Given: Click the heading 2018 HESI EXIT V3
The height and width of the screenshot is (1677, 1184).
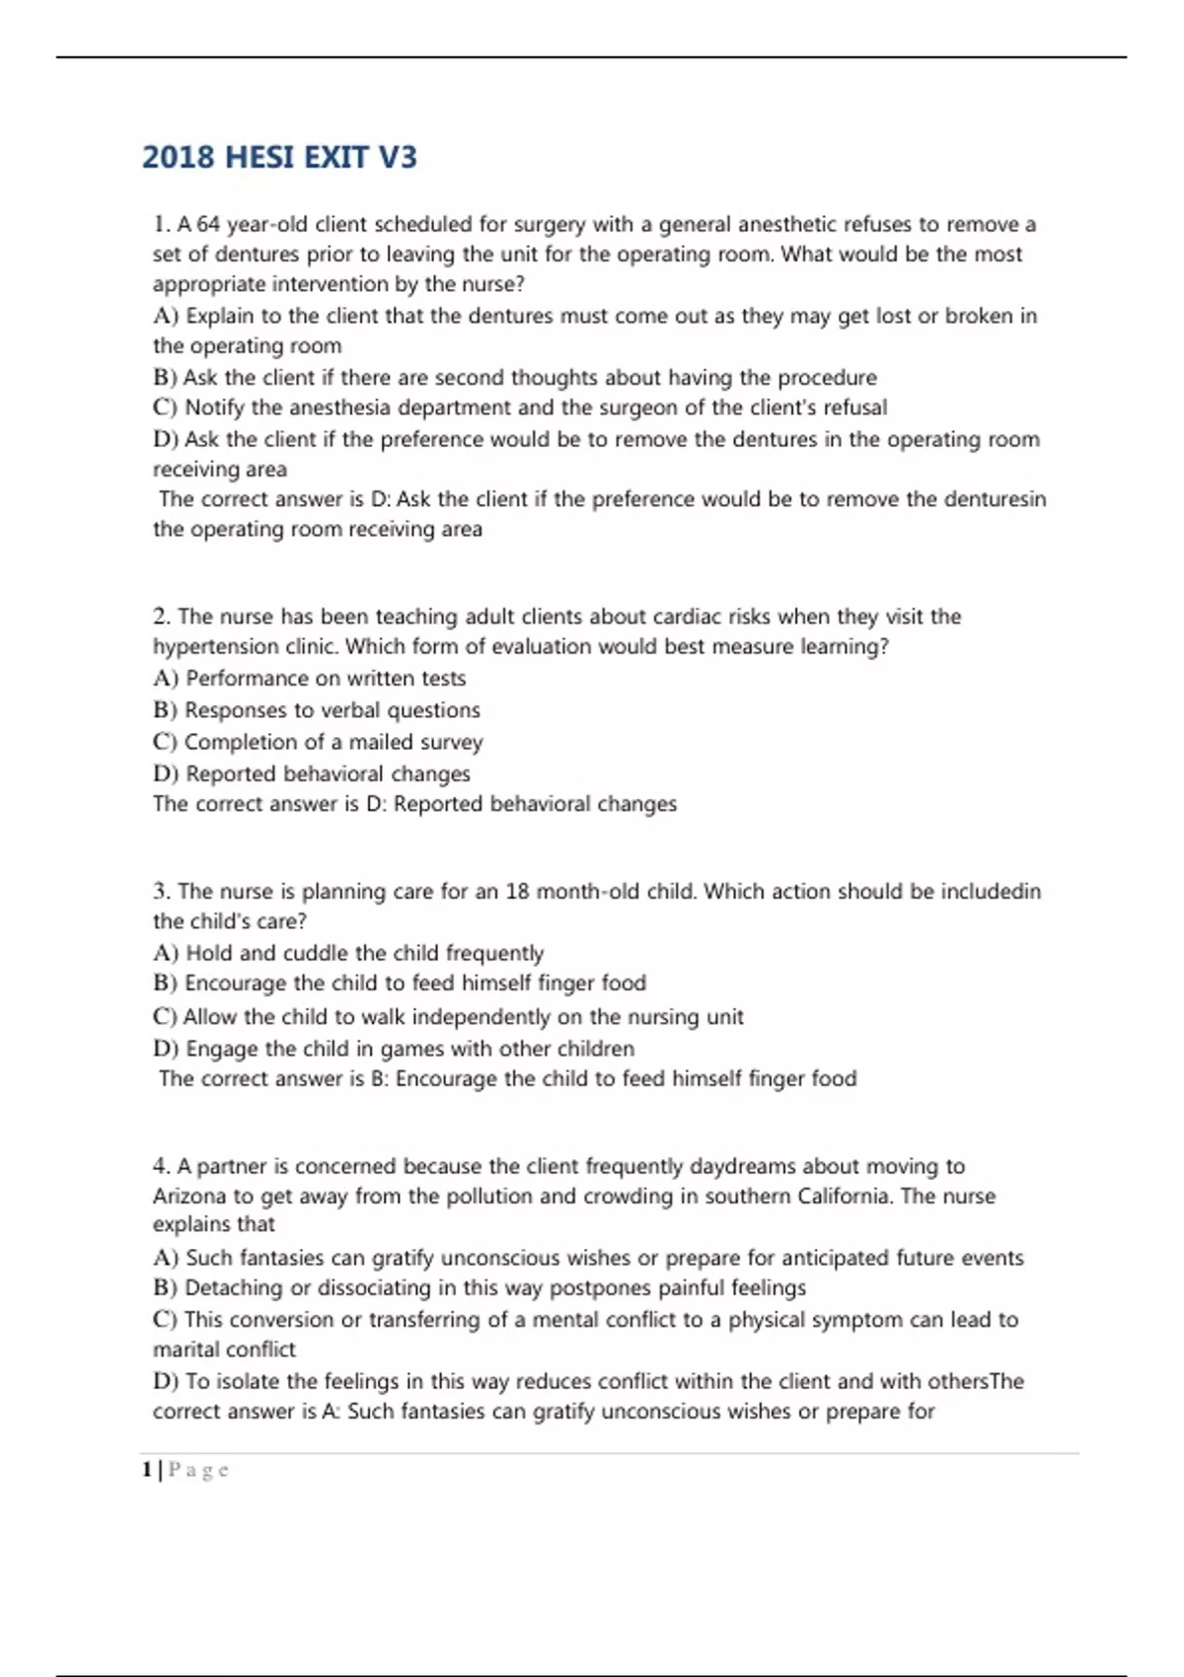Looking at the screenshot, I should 279,158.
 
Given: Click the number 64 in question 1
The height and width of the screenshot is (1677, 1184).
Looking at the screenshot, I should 208,225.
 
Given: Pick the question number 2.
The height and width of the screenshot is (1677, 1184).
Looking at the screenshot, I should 162,618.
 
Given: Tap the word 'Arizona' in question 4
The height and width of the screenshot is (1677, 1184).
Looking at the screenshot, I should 189,1197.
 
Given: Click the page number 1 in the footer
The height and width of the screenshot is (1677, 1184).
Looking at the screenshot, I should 147,1470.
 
